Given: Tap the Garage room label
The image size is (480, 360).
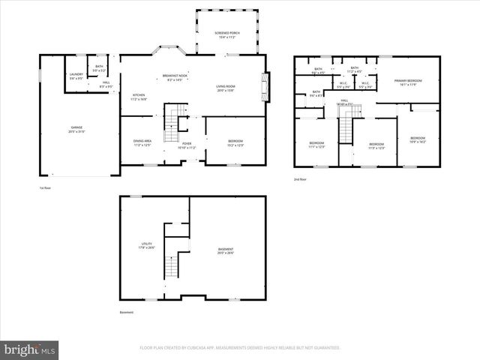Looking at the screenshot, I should point(76,127).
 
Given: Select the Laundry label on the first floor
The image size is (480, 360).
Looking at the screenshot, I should point(76,74).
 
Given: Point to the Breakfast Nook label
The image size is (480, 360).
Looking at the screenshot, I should point(174,75).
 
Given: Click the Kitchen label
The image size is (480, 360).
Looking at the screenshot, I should point(139,94).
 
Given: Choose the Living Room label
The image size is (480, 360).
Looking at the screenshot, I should point(226,86).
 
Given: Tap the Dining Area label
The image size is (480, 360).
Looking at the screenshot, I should point(142,141).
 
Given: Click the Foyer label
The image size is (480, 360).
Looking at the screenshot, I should point(187,143).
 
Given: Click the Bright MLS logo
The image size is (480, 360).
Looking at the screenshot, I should point(30,349).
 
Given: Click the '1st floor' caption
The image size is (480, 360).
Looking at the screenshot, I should point(46,187).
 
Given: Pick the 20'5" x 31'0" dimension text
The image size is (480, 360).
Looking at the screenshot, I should point(76,132).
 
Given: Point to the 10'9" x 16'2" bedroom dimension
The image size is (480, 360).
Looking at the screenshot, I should point(417,142).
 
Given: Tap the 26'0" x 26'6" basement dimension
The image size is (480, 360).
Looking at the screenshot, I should point(226,253).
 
